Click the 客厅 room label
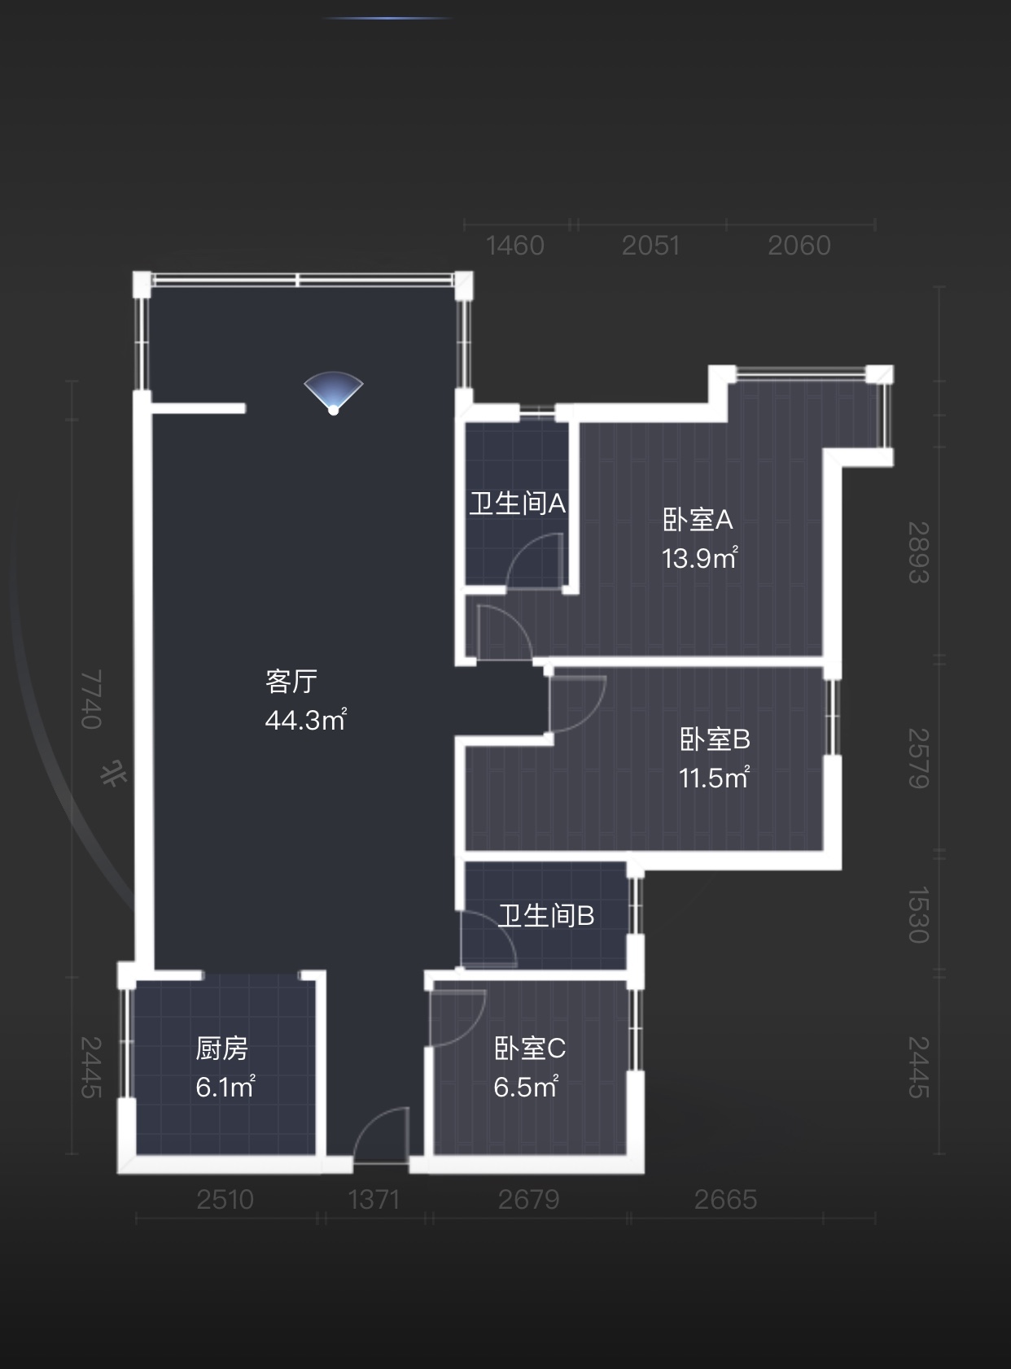tap(291, 681)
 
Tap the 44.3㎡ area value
tap(305, 720)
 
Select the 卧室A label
tap(698, 519)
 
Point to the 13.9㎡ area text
tap(699, 558)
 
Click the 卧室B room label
tap(715, 739)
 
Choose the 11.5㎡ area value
tap(714, 778)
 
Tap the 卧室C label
tap(530, 1048)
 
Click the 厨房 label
tap(221, 1048)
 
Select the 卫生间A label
tap(517, 504)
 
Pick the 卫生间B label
tap(546, 916)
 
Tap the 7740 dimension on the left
tap(91, 699)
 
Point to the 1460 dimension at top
tap(514, 246)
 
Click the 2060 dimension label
tap(799, 246)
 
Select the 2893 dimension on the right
tap(919, 552)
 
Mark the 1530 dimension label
tap(919, 915)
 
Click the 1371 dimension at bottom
tap(374, 1200)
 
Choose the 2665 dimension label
tap(725, 1200)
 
